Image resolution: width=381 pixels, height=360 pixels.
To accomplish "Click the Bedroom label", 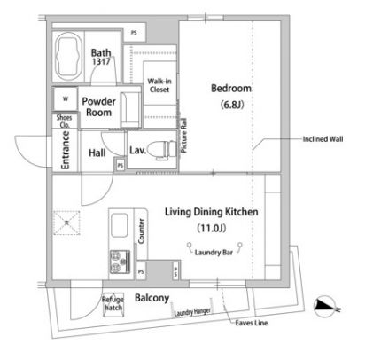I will [231, 89].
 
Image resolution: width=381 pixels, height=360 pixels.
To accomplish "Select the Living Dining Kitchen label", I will [211, 212].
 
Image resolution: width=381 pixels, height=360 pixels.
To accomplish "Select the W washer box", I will [65, 98].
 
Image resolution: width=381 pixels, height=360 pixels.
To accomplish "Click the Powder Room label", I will [100, 107].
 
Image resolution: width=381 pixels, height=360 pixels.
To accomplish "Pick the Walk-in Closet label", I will [159, 85].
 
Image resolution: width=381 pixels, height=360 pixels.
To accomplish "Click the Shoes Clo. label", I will [64, 123].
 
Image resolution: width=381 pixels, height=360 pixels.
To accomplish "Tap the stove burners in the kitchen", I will [119, 261].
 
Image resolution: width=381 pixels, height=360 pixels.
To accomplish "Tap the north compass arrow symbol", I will [330, 305].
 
